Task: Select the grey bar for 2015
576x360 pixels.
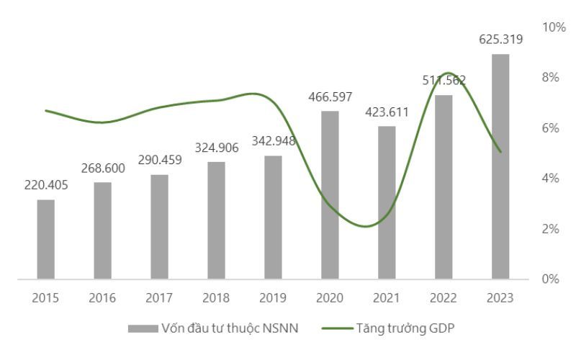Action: [x=46, y=239]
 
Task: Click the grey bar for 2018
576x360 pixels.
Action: [x=217, y=220]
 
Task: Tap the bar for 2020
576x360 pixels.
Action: [x=330, y=194]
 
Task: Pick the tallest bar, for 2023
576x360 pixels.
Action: [x=500, y=166]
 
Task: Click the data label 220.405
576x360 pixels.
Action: [x=46, y=185]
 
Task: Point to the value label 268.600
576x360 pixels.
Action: [x=102, y=168]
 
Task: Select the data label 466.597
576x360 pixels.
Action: [x=330, y=96]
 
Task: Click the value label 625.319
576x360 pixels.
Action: [x=500, y=40]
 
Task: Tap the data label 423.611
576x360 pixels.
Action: [x=387, y=112]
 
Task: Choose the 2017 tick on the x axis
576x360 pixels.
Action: [x=159, y=297]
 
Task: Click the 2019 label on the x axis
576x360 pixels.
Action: [x=273, y=297]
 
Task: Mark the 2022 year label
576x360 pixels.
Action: [x=444, y=297]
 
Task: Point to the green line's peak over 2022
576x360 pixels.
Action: [x=448, y=73]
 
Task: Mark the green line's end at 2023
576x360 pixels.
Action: [x=500, y=152]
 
